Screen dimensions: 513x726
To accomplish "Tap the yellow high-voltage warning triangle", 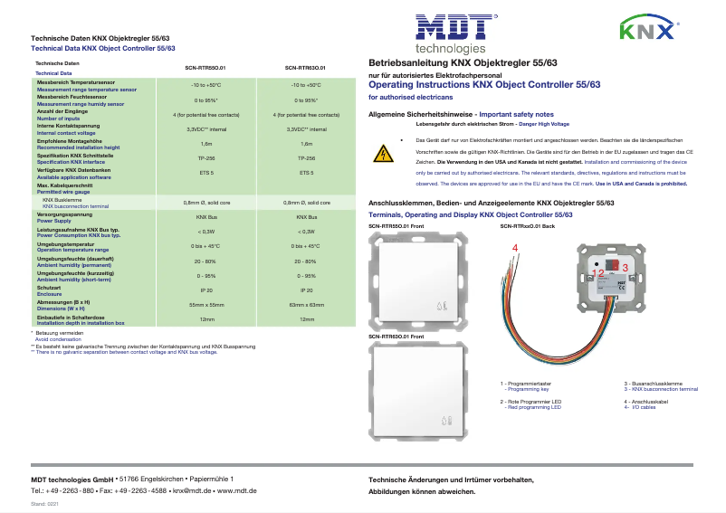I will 384,154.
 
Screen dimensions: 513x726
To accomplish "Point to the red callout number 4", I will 515,247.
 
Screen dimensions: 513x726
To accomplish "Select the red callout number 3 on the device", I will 625,269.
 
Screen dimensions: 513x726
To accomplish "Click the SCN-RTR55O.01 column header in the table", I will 205,67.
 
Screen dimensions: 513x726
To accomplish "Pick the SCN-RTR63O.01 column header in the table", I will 306,67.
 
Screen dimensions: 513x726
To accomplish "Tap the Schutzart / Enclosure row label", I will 50,291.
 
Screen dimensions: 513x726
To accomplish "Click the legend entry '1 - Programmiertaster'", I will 528,385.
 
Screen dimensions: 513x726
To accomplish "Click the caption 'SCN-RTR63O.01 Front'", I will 396,337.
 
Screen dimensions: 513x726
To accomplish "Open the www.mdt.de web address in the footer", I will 239,489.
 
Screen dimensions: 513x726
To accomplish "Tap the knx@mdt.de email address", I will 192,489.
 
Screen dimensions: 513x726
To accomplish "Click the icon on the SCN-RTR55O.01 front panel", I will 441,306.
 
